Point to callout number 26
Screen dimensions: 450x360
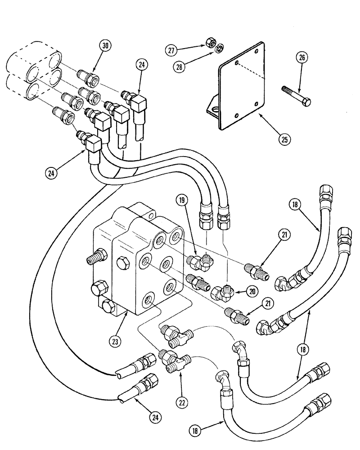coord(301,58)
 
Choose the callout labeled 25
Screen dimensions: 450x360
coord(284,138)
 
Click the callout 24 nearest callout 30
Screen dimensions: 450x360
coord(142,65)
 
